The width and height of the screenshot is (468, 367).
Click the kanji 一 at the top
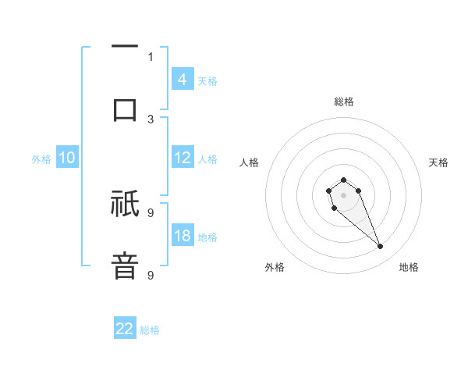(125, 47)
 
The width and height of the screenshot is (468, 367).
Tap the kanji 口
(125, 109)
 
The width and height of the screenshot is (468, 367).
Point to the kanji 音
(125, 266)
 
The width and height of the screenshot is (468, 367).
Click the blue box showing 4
(183, 80)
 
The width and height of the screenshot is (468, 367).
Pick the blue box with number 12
(183, 158)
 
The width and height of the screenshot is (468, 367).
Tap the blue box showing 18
(183, 237)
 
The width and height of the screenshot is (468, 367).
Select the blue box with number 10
(67, 159)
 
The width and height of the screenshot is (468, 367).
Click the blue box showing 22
(125, 329)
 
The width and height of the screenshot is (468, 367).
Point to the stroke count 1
(151, 56)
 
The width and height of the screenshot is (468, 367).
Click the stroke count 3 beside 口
(151, 119)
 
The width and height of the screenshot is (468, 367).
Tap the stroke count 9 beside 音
(151, 275)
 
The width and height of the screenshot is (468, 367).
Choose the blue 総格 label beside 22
(150, 330)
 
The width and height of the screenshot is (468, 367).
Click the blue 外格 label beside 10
(41, 159)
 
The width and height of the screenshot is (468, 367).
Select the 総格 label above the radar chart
(344, 102)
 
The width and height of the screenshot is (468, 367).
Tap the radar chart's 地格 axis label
(409, 267)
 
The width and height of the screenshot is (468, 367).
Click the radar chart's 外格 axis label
(275, 267)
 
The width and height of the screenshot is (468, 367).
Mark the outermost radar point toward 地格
(380, 247)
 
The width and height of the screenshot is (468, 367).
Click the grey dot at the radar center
(343, 194)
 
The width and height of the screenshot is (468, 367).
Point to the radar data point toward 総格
(343, 180)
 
